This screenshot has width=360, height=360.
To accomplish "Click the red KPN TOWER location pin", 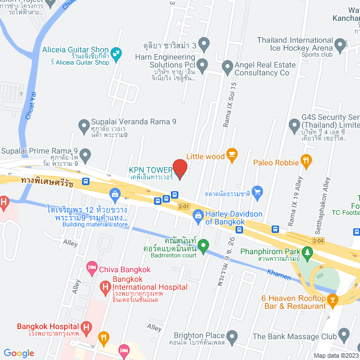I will (x=179, y=169).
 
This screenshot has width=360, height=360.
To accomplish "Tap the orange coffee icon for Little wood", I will (x=231, y=156).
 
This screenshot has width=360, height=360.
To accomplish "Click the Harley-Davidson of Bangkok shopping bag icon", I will (x=198, y=215).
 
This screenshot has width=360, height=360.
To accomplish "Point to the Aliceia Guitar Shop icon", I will (x=116, y=54).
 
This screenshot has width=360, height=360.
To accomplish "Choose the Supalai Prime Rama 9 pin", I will (x=85, y=154).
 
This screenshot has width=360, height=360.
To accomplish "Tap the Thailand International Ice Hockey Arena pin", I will (x=339, y=44).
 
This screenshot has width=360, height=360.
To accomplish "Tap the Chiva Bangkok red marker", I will (x=92, y=269).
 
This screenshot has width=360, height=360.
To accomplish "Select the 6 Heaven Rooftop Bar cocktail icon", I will (x=332, y=300).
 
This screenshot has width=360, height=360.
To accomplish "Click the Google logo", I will (x=19, y=353).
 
